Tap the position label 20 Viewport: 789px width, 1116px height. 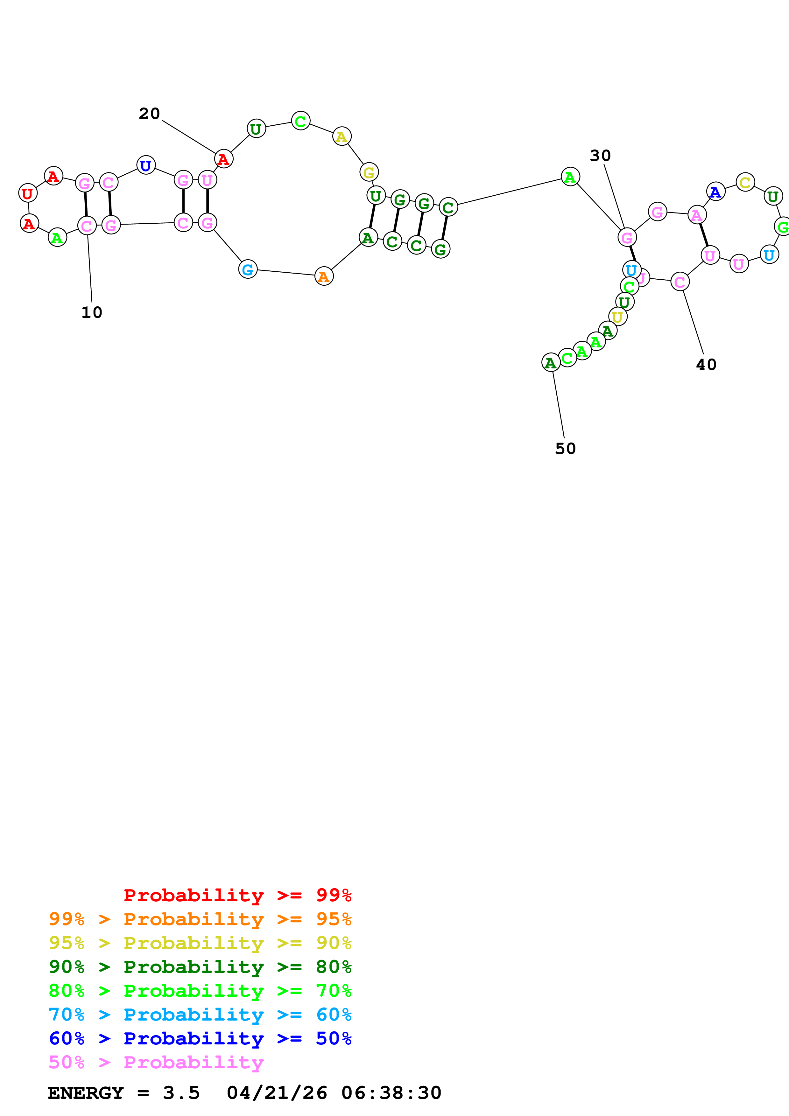pyautogui.click(x=149, y=114)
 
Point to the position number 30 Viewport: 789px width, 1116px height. pyautogui.click(x=600, y=156)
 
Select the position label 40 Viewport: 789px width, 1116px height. pyautogui.click(x=706, y=365)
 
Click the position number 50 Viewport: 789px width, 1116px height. pyautogui.click(x=565, y=448)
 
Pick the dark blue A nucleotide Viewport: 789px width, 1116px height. pyautogui.click(x=715, y=192)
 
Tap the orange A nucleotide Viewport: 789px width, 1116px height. pyautogui.click(x=324, y=276)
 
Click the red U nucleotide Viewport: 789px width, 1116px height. pyautogui.click(x=28, y=193)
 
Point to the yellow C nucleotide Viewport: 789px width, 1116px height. pyautogui.click(x=745, y=182)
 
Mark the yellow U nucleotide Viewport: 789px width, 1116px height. pyautogui.click(x=618, y=317)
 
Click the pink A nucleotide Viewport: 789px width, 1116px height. pyautogui.click(x=697, y=214)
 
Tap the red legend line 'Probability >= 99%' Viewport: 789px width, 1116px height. pyautogui.click(x=237, y=895)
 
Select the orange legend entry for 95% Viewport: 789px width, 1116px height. pyautogui.click(x=200, y=919)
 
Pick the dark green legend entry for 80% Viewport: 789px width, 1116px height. pyautogui.click(x=200, y=967)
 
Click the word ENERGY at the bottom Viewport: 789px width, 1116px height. pyautogui.click(x=86, y=1093)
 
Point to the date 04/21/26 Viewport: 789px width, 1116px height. pyautogui.click(x=277, y=1093)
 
